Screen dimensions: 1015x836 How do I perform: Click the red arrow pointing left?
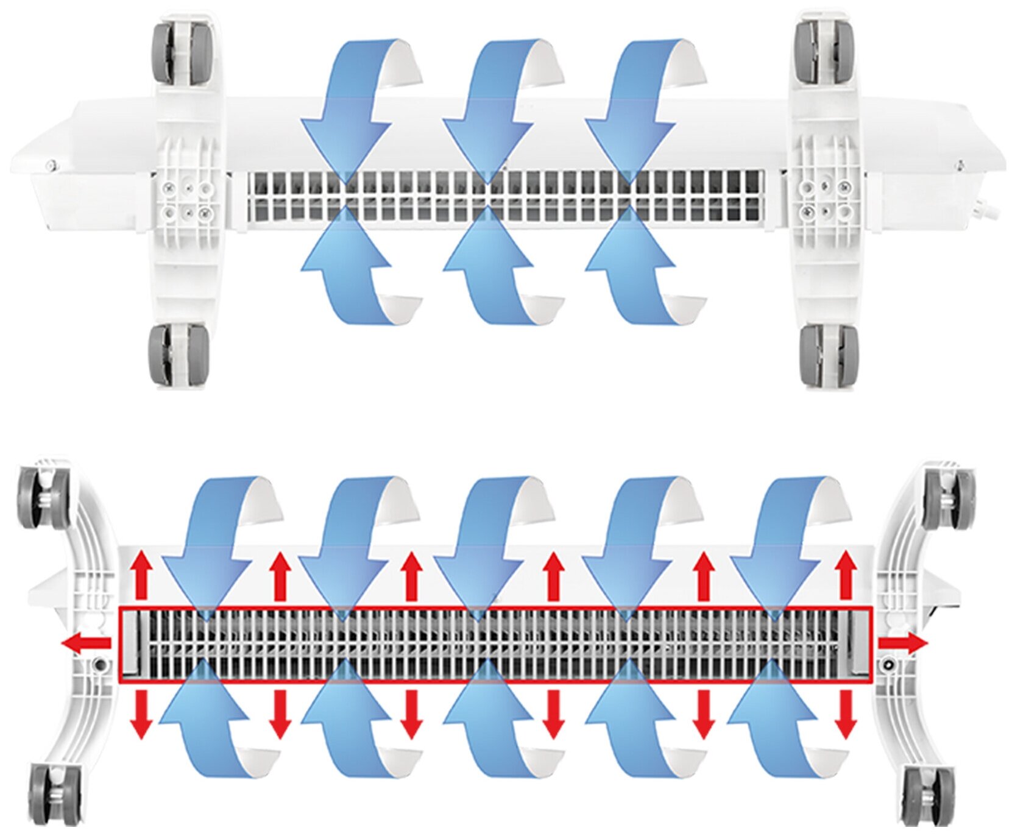[88, 643]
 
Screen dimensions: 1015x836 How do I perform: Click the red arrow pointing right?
[903, 642]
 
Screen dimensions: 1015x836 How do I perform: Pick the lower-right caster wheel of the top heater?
[828, 356]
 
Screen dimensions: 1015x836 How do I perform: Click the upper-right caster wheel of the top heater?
[824, 53]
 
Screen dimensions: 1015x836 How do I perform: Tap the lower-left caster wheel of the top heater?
[178, 356]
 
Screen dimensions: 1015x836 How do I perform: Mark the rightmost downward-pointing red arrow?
[846, 714]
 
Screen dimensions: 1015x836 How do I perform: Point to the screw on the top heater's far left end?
[54, 163]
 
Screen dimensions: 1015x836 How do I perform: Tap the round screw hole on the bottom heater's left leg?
[99, 662]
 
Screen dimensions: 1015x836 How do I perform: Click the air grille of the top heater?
[506, 195]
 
